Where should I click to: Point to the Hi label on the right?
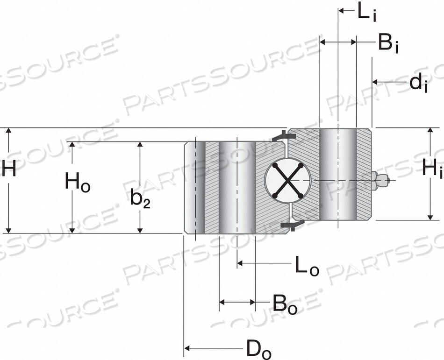[x=431, y=168]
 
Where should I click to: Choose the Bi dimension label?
[x=388, y=43]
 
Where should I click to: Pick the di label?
[x=418, y=83]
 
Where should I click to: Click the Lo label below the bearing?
[x=306, y=265]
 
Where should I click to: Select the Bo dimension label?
[x=284, y=304]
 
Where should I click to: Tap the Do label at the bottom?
[x=258, y=349]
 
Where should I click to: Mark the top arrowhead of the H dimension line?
[x=7, y=131]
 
